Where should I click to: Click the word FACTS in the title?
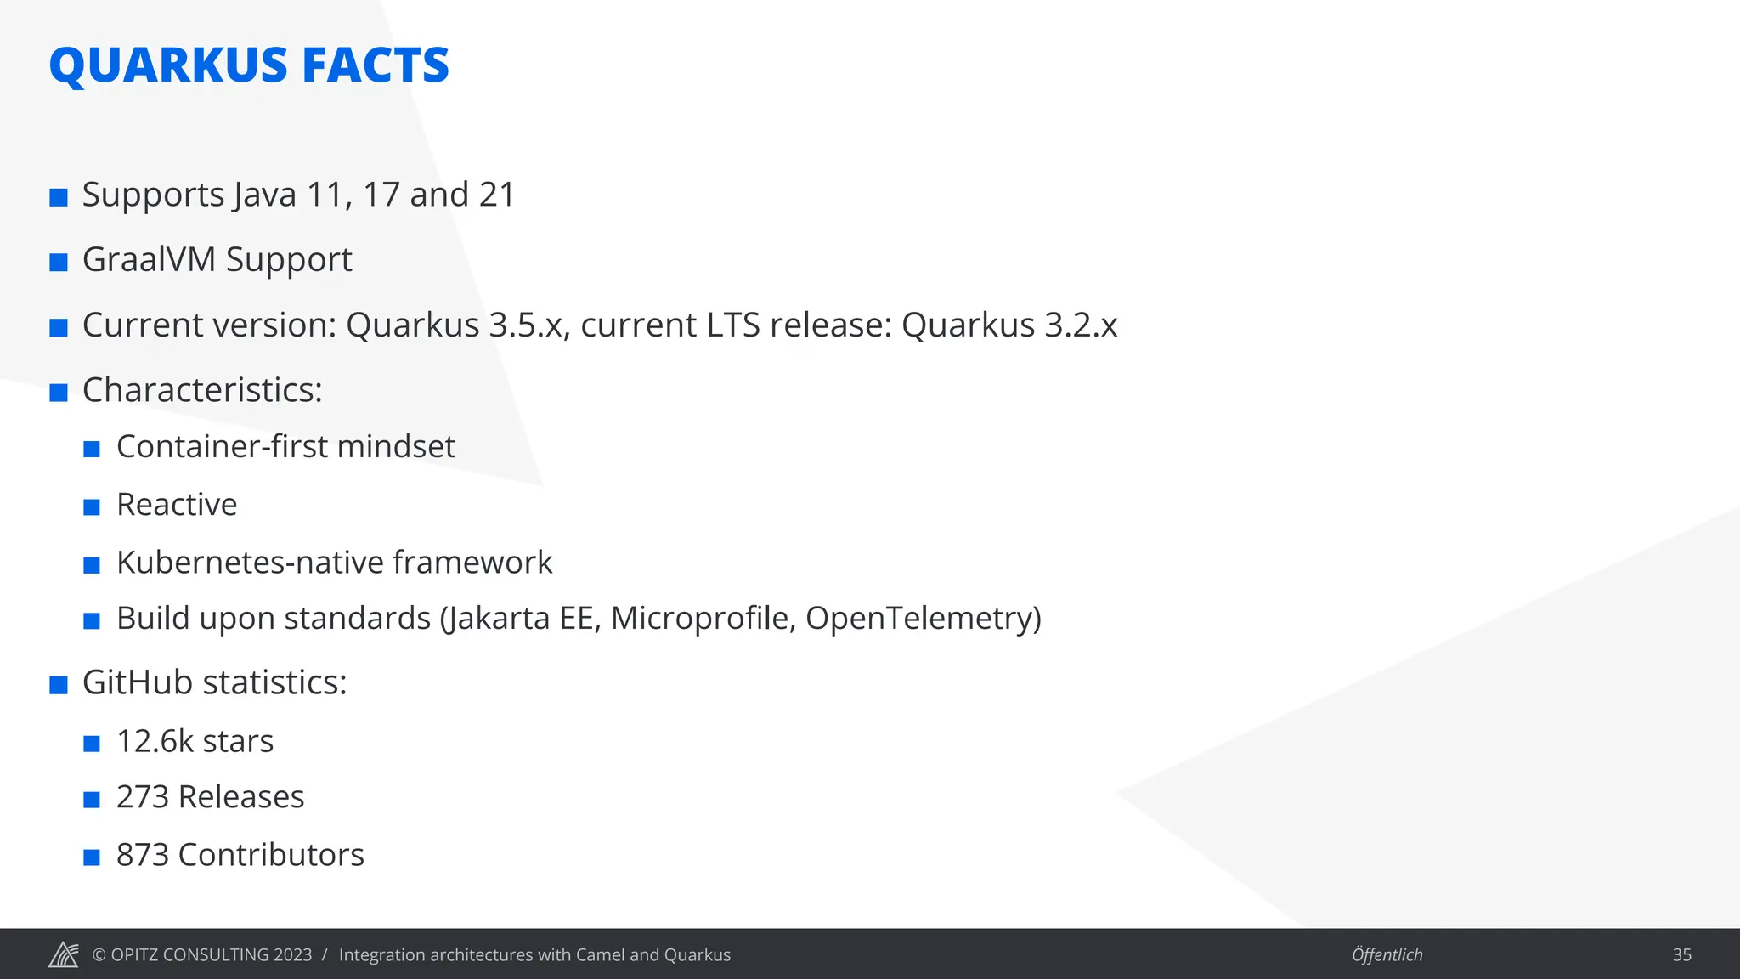tap(375, 65)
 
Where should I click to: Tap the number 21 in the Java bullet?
tap(497, 195)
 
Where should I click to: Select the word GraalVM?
tap(149, 259)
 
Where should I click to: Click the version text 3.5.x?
tap(526, 325)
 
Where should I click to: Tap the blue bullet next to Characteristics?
tap(59, 393)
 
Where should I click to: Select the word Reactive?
tap(177, 504)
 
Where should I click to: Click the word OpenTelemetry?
tap(923, 618)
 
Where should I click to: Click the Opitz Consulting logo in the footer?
tap(64, 954)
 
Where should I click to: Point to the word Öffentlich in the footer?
tap(1387, 954)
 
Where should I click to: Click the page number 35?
tap(1681, 954)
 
